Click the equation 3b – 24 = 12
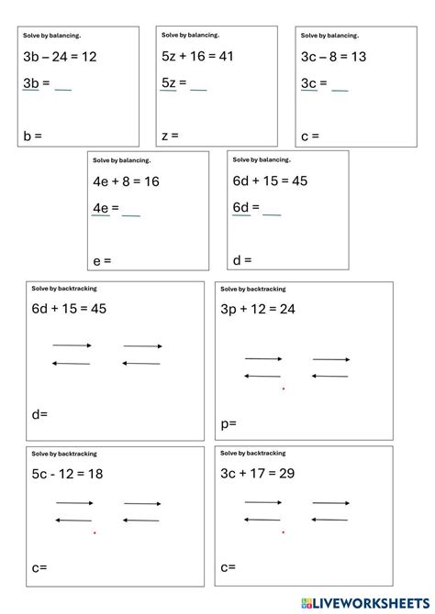click(x=61, y=58)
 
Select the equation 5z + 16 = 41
click(x=197, y=57)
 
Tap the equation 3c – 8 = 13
click(x=334, y=58)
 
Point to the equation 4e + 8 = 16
click(x=127, y=182)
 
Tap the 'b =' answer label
click(x=33, y=137)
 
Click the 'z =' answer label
click(x=170, y=137)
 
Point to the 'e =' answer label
click(x=102, y=261)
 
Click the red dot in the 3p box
click(x=283, y=389)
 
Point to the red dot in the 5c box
click(x=94, y=532)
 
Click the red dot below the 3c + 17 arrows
click(x=283, y=532)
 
